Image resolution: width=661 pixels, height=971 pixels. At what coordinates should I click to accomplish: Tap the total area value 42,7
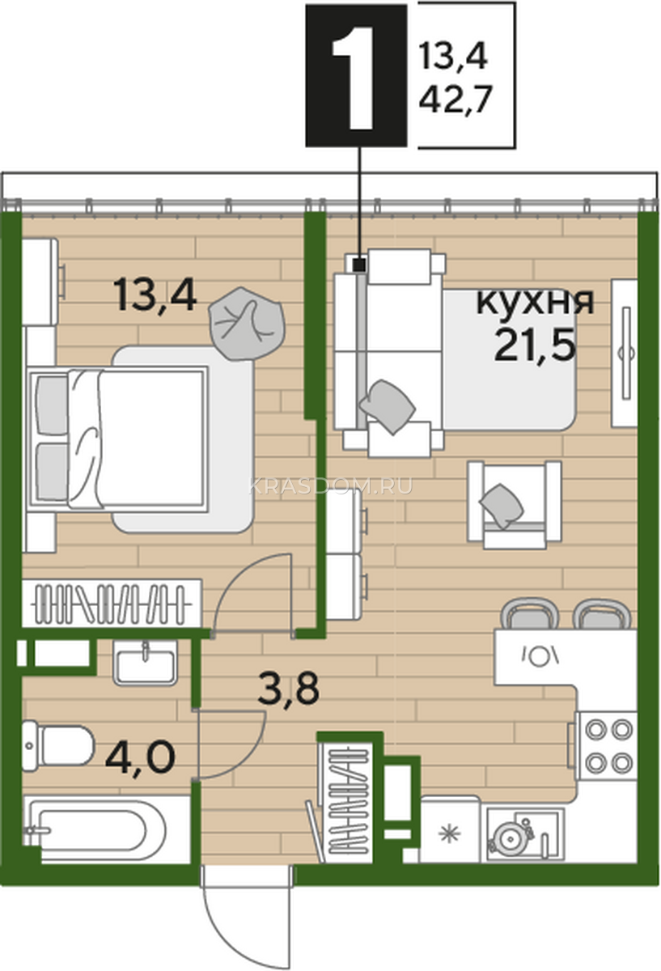pos(455,99)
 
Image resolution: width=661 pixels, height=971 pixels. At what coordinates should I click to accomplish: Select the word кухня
pos(536,301)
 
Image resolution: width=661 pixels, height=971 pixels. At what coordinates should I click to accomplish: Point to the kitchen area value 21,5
pos(536,345)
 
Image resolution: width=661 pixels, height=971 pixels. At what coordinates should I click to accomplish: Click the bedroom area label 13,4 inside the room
pos(155,295)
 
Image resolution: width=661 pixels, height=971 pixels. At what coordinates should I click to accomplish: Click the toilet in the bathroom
pos(57,746)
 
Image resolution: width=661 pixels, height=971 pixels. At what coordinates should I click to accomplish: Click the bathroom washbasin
pos(145,664)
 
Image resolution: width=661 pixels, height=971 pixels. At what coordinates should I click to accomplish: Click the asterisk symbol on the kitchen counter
pos(449,833)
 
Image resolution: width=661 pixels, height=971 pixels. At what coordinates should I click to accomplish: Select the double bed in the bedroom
pos(118,439)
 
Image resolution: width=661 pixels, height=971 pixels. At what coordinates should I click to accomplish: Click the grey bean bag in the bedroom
pos(247,324)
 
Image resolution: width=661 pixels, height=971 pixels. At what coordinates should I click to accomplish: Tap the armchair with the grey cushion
pos(514,505)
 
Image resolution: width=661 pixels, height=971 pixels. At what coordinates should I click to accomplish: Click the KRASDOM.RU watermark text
pos(331,486)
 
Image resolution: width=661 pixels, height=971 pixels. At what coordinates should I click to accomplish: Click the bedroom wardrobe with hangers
pos(112,604)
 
